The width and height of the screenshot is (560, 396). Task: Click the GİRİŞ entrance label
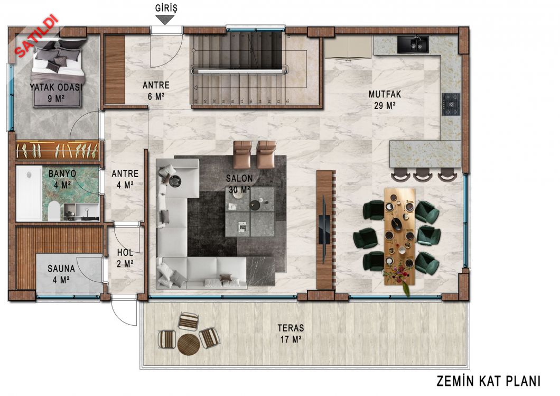(x=166, y=8)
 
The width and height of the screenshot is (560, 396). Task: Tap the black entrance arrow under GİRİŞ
(x=164, y=20)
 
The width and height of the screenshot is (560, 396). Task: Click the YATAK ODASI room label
(x=55, y=88)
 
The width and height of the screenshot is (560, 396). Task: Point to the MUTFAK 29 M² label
(x=385, y=100)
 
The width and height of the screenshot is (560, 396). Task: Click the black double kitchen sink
(x=413, y=44)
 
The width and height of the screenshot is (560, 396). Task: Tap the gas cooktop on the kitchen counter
(x=451, y=104)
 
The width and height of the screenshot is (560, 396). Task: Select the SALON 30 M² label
(x=239, y=183)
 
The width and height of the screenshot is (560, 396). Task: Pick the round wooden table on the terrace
(x=188, y=344)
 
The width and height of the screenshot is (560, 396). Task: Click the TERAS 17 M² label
(x=291, y=333)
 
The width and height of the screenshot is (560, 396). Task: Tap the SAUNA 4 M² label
(x=61, y=274)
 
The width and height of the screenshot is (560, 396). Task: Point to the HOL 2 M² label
(x=125, y=258)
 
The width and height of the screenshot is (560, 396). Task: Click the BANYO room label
(x=62, y=174)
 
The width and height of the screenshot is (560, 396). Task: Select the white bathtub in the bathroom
(x=29, y=194)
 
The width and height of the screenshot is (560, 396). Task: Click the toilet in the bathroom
(x=54, y=211)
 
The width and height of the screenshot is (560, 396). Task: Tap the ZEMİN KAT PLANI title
(x=488, y=381)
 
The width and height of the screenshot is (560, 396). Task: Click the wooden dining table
(x=399, y=237)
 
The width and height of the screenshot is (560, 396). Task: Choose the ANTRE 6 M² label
(x=156, y=91)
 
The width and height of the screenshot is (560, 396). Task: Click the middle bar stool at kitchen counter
(x=423, y=175)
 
